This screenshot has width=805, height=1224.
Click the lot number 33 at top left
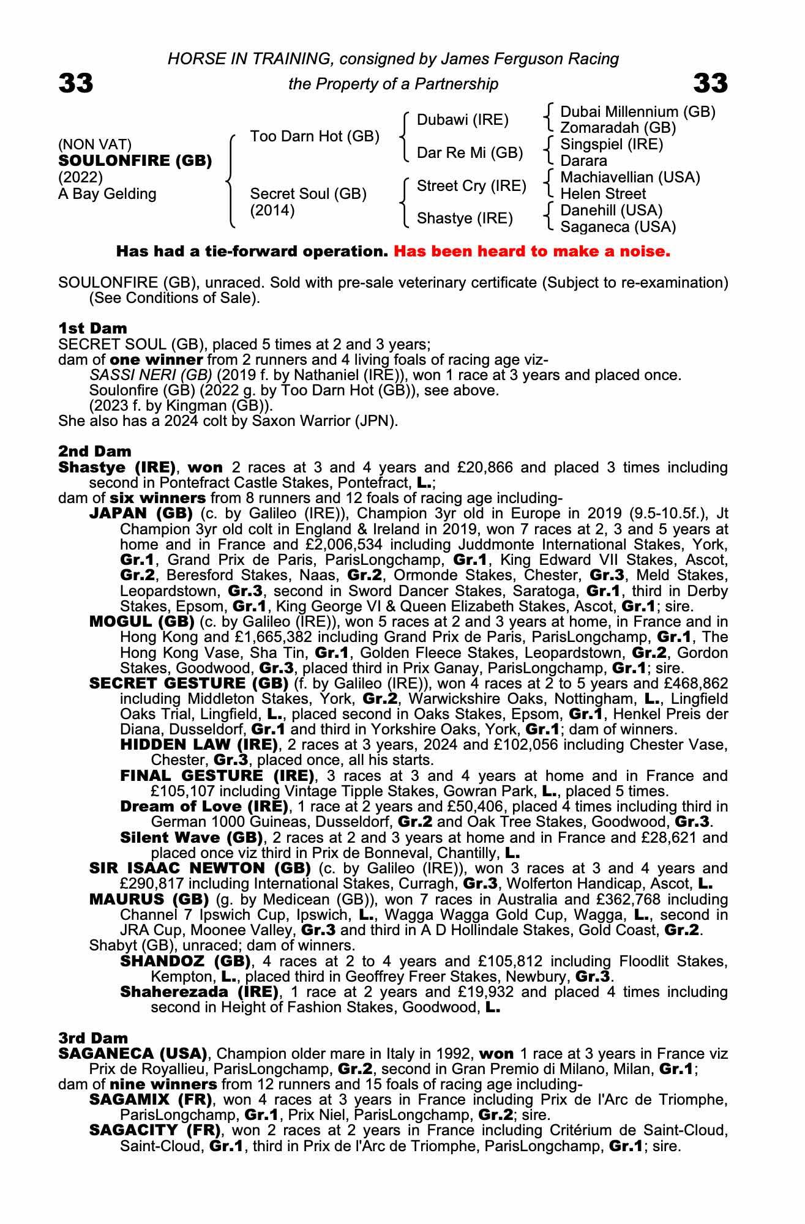coord(76,83)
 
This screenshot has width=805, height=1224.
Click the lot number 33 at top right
coord(710,83)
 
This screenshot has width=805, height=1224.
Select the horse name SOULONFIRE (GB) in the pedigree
coord(135,161)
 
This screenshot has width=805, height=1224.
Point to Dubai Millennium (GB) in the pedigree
coord(638,112)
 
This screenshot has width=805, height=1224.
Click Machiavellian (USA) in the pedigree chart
coord(630,177)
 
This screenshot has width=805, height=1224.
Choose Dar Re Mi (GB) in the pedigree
coord(470,153)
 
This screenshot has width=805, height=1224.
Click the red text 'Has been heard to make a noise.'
coord(532,252)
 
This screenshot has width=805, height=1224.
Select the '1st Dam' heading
coord(92,329)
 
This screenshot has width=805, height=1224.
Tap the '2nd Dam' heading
coord(95,452)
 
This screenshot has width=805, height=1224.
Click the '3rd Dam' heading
coord(93,1038)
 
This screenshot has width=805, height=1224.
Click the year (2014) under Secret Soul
coord(272,211)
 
